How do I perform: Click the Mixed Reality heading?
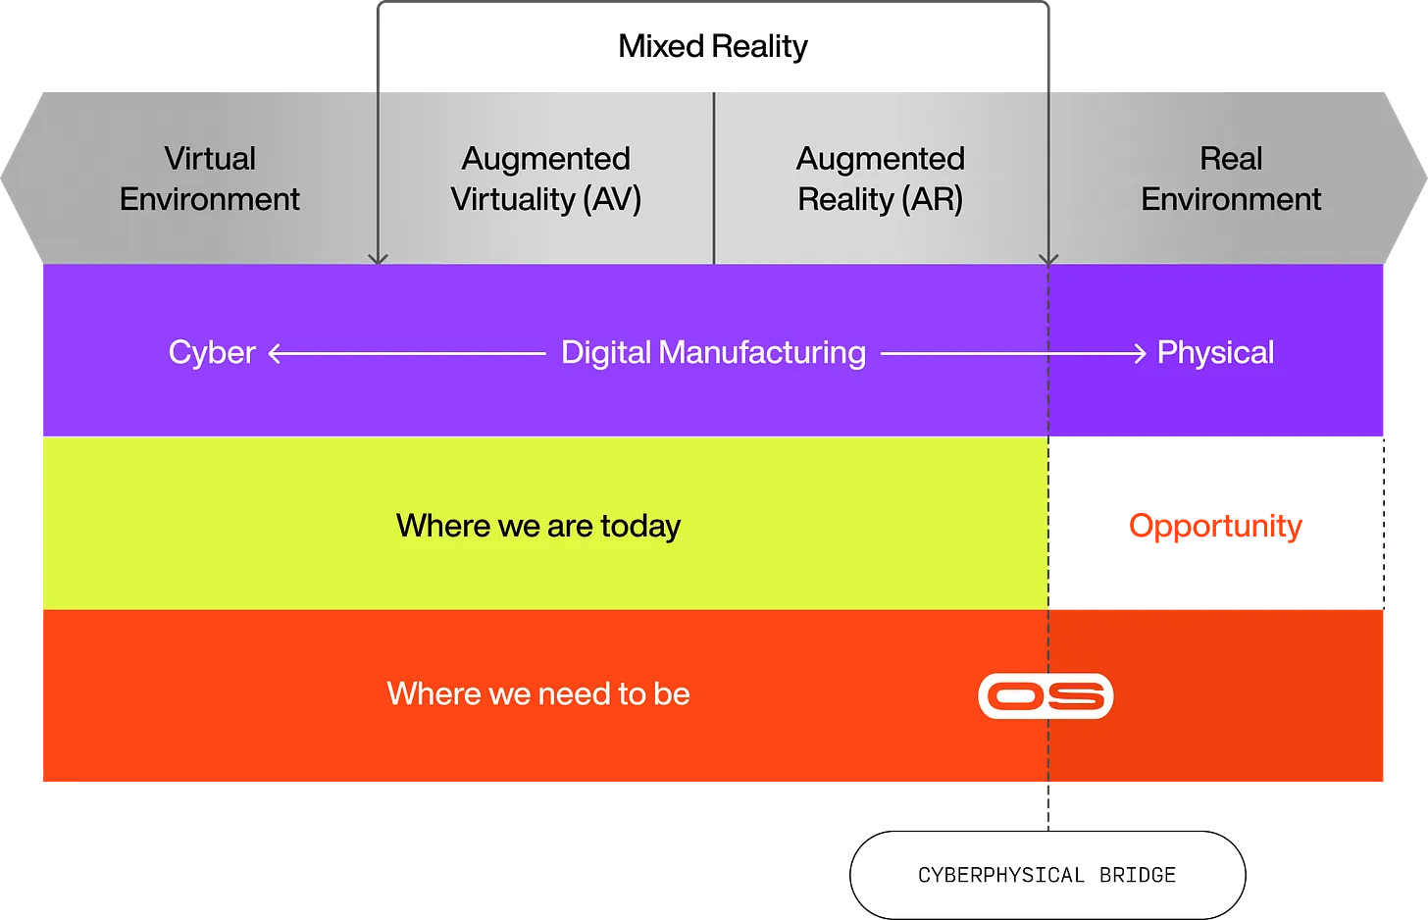tap(713, 46)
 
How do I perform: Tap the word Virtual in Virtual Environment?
tap(210, 158)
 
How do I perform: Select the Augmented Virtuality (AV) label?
tap(545, 179)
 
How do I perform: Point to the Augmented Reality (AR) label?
tap(881, 179)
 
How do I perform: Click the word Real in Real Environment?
tap(1231, 158)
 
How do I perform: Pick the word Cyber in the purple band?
tap(212, 352)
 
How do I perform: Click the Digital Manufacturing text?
tap(713, 353)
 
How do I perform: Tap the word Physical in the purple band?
tap(1215, 352)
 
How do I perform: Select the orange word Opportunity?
tap(1215, 527)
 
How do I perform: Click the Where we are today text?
tap(538, 527)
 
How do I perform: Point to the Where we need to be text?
tap(538, 693)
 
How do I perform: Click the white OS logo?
tap(1046, 695)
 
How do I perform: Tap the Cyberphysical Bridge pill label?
tap(1047, 875)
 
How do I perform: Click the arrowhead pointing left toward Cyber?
tap(275, 353)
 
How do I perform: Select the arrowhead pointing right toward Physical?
tap(1140, 353)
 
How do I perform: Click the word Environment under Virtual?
tap(210, 199)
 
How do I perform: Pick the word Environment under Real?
tap(1231, 199)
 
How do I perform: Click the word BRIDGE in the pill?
tap(1138, 875)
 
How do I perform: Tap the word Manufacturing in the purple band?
tap(762, 353)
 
